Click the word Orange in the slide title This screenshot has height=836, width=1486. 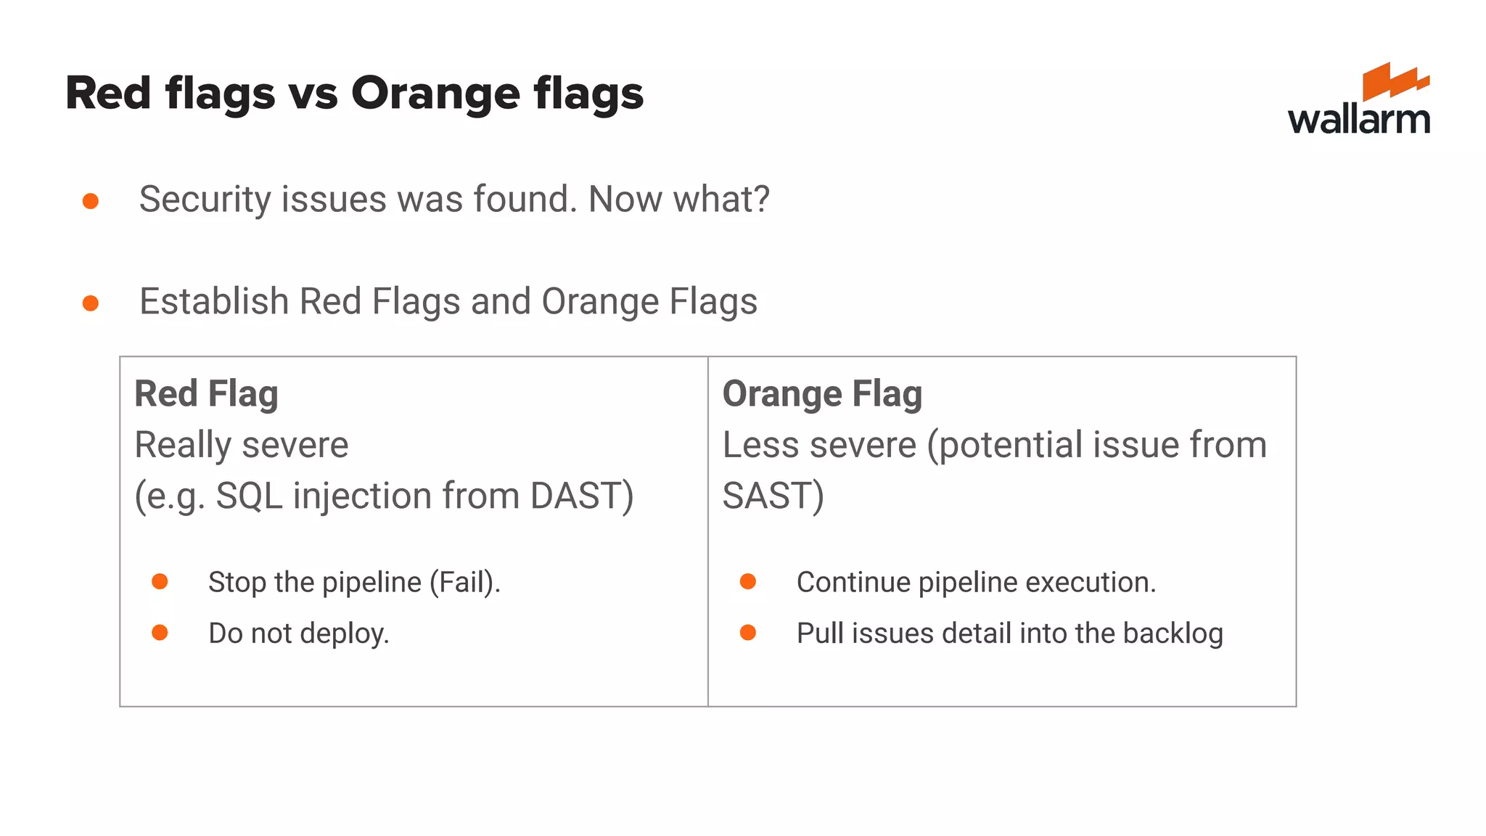tap(435, 94)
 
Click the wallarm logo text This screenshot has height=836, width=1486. tap(1358, 119)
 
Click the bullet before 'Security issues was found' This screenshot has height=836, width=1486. tap(91, 201)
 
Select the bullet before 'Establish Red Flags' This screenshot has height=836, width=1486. tap(91, 303)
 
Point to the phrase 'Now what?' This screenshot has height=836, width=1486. tap(678, 199)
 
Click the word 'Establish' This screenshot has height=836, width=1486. tap(214, 301)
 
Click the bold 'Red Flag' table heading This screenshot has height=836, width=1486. tap(207, 394)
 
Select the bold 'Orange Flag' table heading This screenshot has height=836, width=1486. tap(822, 394)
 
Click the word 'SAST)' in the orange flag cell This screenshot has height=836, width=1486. tap(773, 496)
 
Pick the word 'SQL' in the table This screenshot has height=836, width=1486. tap(249, 496)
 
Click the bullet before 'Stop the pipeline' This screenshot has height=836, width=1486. tap(160, 581)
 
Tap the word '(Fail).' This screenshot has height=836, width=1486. tap(465, 582)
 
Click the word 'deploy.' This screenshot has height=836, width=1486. tap(345, 634)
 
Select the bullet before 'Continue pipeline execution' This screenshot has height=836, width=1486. tap(748, 581)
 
